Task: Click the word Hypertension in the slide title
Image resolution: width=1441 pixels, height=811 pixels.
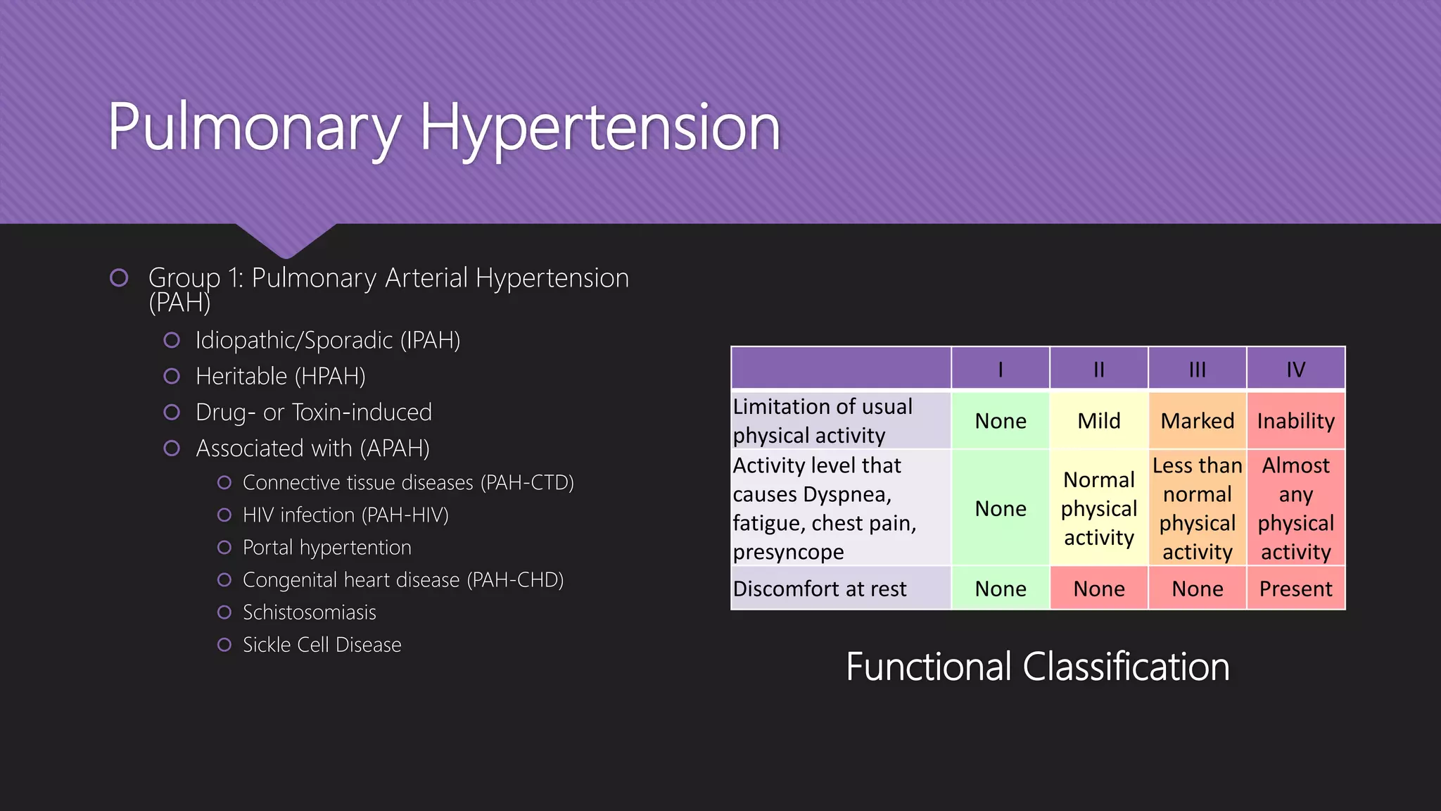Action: [599, 128]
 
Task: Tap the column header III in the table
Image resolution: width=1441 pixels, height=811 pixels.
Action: [1197, 369]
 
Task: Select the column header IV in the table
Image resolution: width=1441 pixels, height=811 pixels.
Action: [1295, 369]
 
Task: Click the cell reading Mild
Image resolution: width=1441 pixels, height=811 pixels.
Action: [1098, 421]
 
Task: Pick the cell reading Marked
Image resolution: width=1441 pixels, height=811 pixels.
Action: [1197, 421]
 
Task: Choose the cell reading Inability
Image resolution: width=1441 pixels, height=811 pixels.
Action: [1295, 421]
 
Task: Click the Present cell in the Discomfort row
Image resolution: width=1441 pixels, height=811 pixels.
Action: [1295, 589]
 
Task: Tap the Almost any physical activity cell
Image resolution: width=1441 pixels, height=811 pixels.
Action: [1295, 508]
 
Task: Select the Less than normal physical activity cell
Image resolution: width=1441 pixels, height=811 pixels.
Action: [1197, 508]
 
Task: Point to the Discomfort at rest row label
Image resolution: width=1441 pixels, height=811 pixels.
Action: [820, 589]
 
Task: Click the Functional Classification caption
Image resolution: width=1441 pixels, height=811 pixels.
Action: [1037, 667]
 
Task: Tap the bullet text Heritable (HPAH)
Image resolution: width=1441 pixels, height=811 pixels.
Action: [280, 377]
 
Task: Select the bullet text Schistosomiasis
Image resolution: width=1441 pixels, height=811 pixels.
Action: [309, 612]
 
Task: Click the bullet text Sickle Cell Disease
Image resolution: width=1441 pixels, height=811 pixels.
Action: [322, 645]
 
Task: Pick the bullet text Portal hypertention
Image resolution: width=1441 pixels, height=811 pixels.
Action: [326, 548]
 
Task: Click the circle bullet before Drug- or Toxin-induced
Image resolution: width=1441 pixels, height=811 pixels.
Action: [172, 413]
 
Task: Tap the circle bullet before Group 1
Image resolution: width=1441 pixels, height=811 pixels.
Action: [119, 278]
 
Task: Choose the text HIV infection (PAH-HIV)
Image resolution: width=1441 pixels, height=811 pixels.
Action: [345, 515]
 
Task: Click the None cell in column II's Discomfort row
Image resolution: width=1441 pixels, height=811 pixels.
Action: [1098, 589]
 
